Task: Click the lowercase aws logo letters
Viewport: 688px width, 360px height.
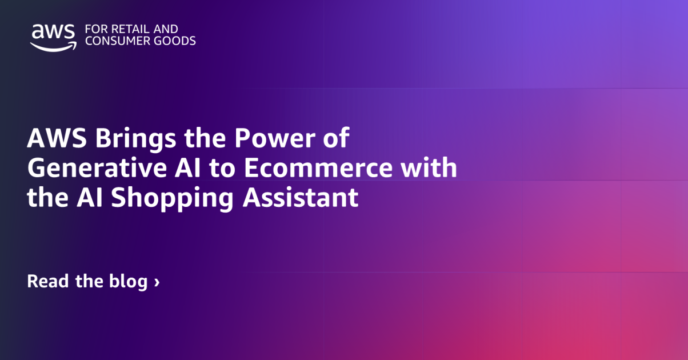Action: click(x=53, y=31)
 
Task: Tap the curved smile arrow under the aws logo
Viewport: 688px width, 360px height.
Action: click(x=53, y=46)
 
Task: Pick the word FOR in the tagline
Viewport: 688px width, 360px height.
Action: click(x=94, y=29)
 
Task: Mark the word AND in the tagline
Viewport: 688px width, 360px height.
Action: click(x=165, y=29)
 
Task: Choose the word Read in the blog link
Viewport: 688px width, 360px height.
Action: click(x=49, y=281)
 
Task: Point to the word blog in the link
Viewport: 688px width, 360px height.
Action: click(x=127, y=282)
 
